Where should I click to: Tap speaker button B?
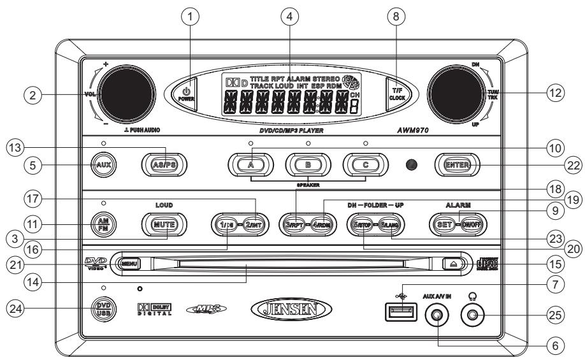(x=308, y=164)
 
